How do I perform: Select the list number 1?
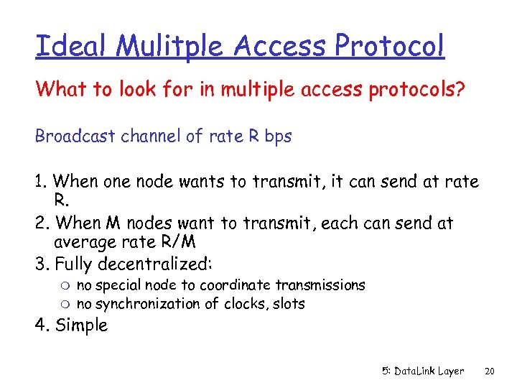[x=40, y=182]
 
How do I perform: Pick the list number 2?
[x=41, y=223]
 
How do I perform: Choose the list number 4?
[x=41, y=325]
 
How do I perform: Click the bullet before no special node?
[x=67, y=286]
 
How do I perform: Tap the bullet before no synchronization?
[x=67, y=304]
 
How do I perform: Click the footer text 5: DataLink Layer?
[x=423, y=371]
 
